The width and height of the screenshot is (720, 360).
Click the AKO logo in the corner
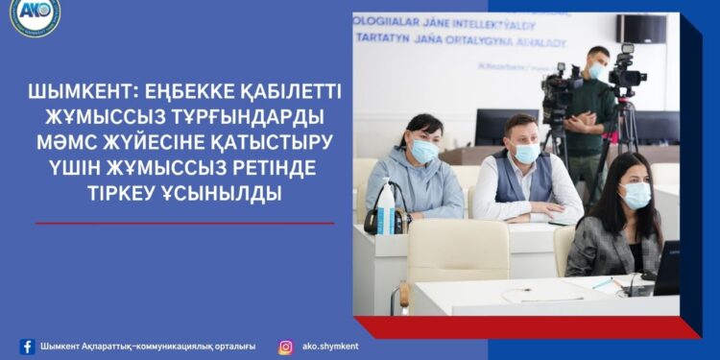pyautogui.click(x=36, y=17)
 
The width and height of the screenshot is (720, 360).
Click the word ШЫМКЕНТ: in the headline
pyautogui.click(x=84, y=95)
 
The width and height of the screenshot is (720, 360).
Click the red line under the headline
pyautogui.click(x=184, y=224)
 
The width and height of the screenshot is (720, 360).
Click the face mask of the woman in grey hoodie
pyautogui.click(x=424, y=151)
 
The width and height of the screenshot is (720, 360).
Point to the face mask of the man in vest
pyautogui.click(x=526, y=153)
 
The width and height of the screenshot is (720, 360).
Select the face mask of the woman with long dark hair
pyautogui.click(x=636, y=196)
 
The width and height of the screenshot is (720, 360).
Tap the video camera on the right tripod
pyautogui.click(x=626, y=70)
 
